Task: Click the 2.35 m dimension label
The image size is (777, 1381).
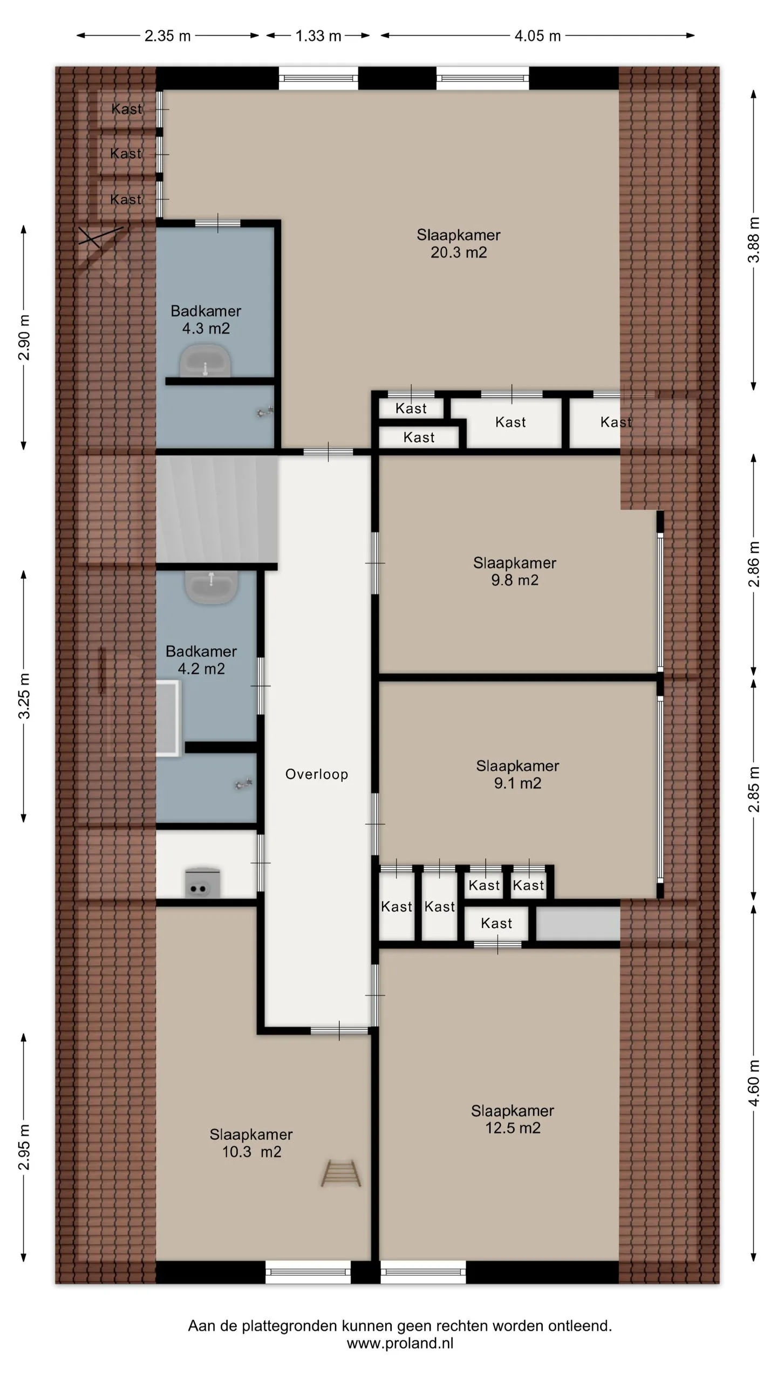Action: coord(168,36)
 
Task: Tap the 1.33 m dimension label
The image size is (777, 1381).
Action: coord(318,36)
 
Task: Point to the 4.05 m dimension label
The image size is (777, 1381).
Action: coord(537,36)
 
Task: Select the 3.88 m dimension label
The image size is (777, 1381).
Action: coord(754,240)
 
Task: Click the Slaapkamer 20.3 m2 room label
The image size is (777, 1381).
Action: coord(459,243)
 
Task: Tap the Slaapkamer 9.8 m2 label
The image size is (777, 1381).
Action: coord(515,571)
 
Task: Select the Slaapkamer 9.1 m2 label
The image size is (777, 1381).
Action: coord(517,774)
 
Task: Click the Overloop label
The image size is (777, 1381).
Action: coord(317,774)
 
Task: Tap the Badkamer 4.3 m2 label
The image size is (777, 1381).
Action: coord(206,319)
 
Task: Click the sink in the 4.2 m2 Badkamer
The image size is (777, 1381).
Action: coord(212,586)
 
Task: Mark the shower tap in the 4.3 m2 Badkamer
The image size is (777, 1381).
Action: coord(265,413)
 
